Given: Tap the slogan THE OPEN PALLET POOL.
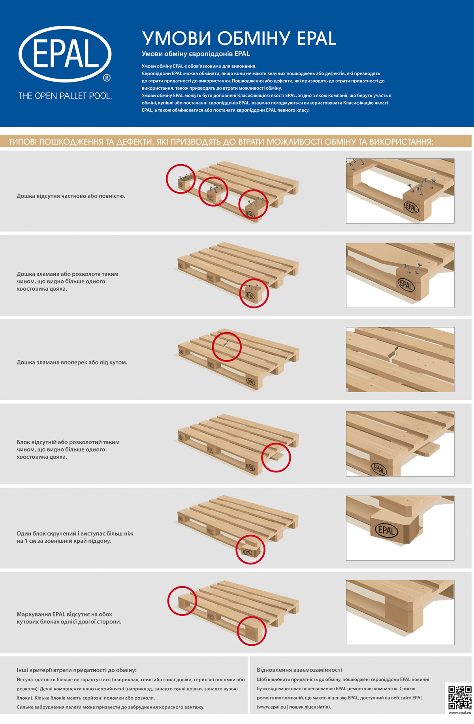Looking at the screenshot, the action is pyautogui.click(x=65, y=96).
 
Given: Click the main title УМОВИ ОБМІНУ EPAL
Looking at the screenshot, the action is pyautogui.click(x=239, y=39).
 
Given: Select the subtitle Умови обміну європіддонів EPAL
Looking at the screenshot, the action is pyautogui.click(x=196, y=54).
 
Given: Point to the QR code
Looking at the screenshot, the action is pyautogui.click(x=460, y=698).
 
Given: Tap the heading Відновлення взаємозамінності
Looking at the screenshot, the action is pyautogui.click(x=299, y=670).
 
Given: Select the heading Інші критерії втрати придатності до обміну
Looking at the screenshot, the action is pyautogui.click(x=77, y=670).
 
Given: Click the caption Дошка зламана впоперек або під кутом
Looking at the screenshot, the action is pyautogui.click(x=72, y=362).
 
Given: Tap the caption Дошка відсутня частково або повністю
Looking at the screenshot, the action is pyautogui.click(x=71, y=196).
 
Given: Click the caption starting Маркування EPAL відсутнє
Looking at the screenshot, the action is pyautogui.click(x=69, y=618).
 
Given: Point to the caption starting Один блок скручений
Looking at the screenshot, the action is pyautogui.click(x=75, y=537).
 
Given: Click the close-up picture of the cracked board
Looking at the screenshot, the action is pyautogui.click(x=400, y=359).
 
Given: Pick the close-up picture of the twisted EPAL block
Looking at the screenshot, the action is pyautogui.click(x=400, y=528).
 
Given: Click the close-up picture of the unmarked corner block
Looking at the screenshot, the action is pyautogui.click(x=400, y=612).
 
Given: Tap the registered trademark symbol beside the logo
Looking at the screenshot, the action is pyautogui.click(x=107, y=78).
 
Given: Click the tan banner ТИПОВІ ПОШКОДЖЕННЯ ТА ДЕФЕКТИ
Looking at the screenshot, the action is pyautogui.click(x=236, y=141).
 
